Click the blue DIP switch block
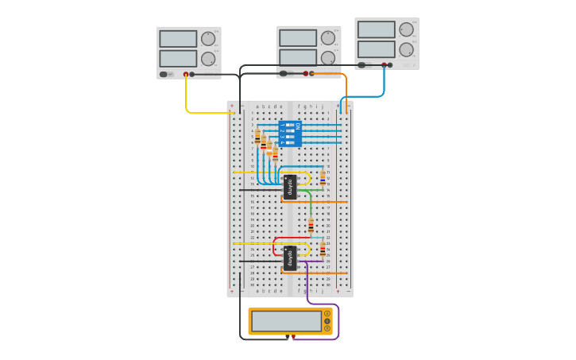290,134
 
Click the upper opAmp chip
290,187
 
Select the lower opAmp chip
290,258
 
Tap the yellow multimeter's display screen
286,321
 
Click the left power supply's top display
178,39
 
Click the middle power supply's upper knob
328,37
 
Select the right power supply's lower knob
406,49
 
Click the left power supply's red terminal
186,75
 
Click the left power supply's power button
164,75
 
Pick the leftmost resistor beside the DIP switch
257,137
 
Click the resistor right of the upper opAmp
323,179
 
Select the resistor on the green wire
311,225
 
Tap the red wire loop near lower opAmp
275,246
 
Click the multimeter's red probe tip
293,337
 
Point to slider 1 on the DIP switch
290,125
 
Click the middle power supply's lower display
298,57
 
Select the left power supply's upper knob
208,38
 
